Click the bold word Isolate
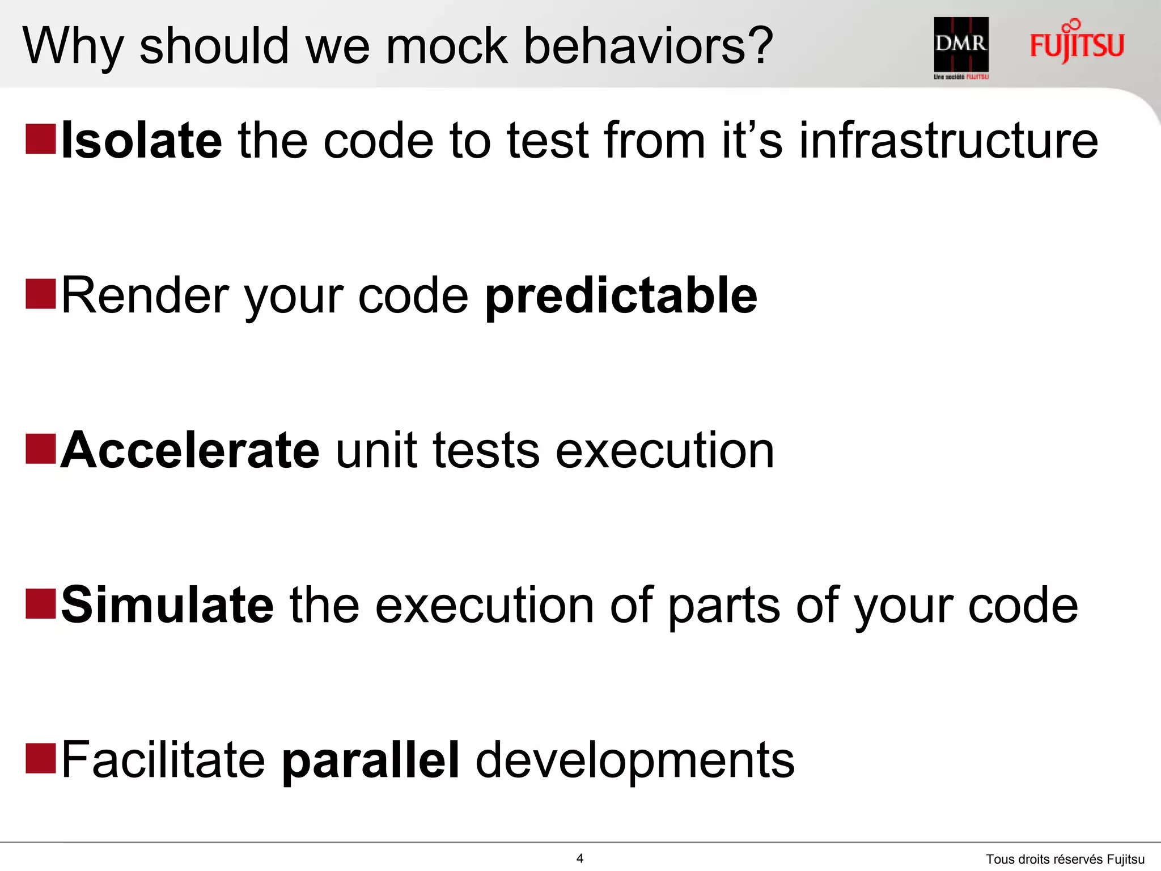(x=141, y=140)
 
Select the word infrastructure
(x=948, y=140)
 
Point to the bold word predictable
(x=621, y=296)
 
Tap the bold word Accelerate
(x=190, y=450)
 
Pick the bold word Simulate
(x=167, y=605)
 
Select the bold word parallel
(x=370, y=760)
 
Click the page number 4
(x=579, y=858)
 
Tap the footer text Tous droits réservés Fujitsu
(x=1065, y=859)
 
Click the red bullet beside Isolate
(x=41, y=139)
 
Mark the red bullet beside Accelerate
(x=41, y=449)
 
